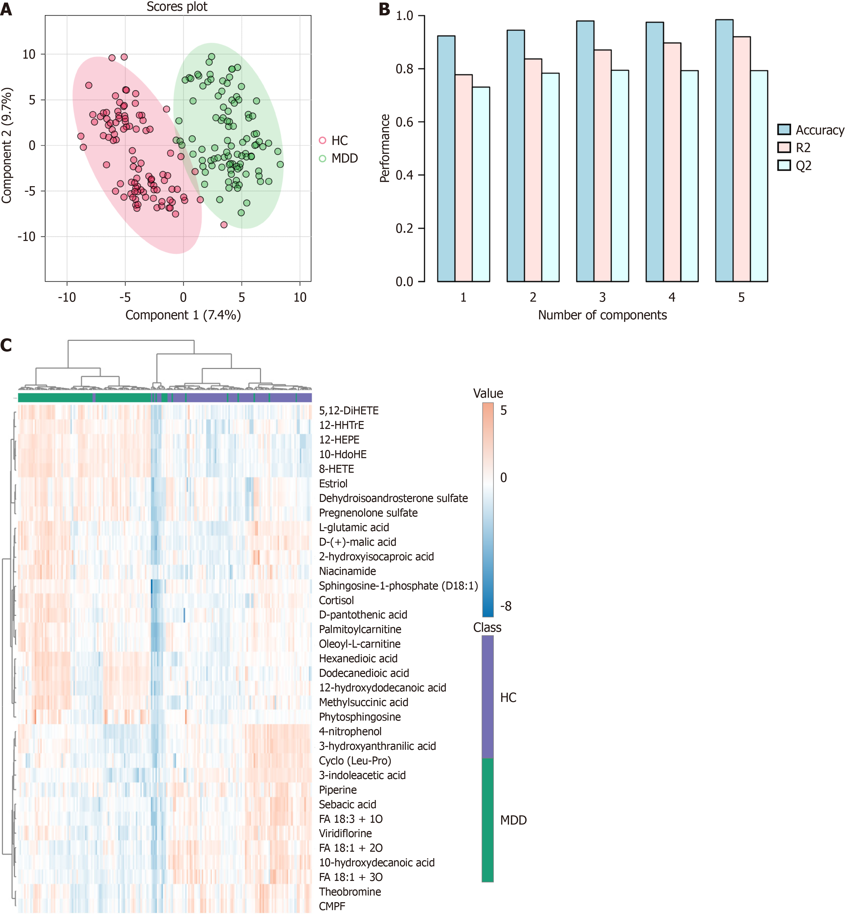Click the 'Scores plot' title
177,7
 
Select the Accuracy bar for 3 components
585,151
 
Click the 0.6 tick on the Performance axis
404,122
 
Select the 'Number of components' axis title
602,315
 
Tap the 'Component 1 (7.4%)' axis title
183,315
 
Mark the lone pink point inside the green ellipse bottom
224,224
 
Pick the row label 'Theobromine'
350,892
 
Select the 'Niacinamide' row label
348,571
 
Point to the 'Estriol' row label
333,484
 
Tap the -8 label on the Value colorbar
506,606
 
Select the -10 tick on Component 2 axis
27,237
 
